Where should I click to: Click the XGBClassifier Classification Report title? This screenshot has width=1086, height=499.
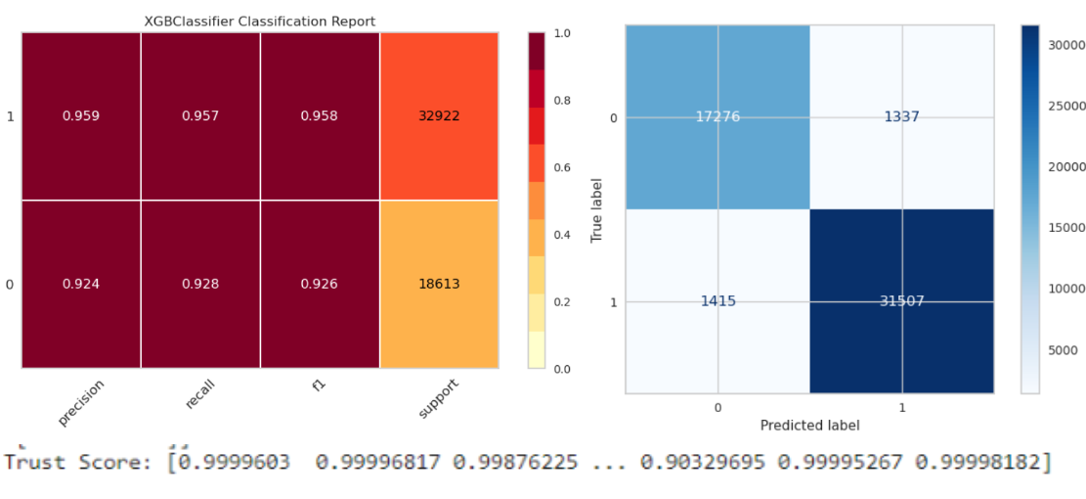click(x=259, y=21)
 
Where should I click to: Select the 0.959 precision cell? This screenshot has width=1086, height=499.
click(x=81, y=115)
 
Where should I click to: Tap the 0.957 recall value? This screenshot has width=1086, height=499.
click(x=200, y=115)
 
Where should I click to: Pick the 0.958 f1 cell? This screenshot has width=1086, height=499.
click(x=320, y=115)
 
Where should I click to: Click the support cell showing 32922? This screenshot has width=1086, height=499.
click(x=439, y=115)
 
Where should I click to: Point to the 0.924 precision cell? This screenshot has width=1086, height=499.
click(x=81, y=285)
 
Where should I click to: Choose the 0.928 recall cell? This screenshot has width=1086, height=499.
click(x=200, y=285)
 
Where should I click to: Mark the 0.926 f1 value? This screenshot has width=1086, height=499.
click(x=320, y=285)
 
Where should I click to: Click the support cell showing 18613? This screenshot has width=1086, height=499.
click(x=439, y=285)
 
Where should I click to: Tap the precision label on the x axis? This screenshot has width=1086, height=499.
click(x=81, y=402)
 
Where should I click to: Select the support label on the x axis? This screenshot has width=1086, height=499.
click(x=439, y=399)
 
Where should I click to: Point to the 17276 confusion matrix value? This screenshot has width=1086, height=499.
click(x=717, y=117)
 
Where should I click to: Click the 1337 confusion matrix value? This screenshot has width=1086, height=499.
click(x=900, y=117)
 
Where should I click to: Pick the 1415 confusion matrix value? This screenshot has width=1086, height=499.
click(x=717, y=301)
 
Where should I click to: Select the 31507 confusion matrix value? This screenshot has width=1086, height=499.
click(x=900, y=301)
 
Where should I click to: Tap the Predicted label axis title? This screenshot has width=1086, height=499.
click(x=809, y=426)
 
